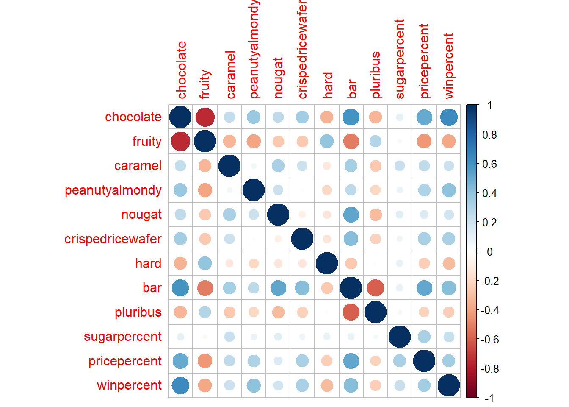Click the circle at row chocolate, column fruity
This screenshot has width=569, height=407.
(205, 117)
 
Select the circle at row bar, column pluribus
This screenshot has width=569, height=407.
(375, 288)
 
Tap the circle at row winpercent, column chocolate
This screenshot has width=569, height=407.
(180, 385)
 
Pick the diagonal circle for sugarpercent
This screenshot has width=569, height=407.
(400, 337)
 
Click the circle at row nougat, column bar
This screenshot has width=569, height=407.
(351, 215)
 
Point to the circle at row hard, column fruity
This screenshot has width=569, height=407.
(205, 263)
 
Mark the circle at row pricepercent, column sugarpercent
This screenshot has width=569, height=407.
(400, 361)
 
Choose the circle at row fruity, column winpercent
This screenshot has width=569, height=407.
(448, 141)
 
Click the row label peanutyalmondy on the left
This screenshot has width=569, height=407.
(113, 190)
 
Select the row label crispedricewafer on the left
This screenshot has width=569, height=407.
(113, 239)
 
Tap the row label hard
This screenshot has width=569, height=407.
(148, 264)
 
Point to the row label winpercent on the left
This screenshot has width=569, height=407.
(129, 385)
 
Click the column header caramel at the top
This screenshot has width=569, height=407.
(230, 75)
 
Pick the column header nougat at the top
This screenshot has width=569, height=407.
(278, 78)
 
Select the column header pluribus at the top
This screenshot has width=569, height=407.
(376, 75)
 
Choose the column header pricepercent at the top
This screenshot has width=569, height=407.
(424, 61)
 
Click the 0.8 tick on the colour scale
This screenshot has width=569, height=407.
(489, 135)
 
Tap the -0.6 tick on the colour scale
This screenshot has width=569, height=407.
(489, 340)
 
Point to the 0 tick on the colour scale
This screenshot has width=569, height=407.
(489, 252)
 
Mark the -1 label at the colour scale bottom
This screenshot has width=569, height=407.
(489, 398)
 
